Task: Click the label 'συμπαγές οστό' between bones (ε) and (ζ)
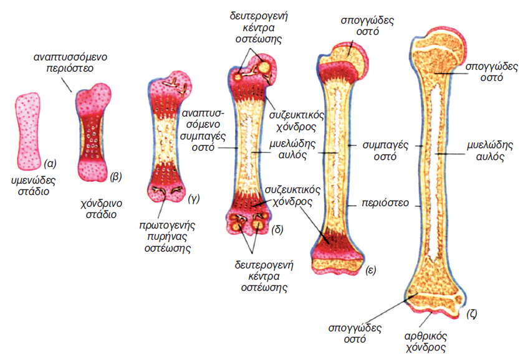386,151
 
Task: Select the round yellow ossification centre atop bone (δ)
265,66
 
